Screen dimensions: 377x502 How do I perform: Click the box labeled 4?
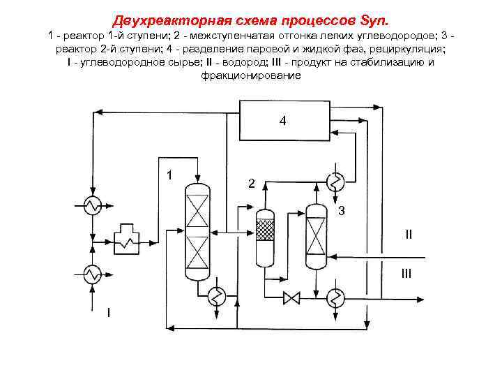(x=283, y=121)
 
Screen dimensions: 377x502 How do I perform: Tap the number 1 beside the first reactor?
(x=170, y=175)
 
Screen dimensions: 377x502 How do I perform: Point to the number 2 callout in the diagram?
(x=252, y=184)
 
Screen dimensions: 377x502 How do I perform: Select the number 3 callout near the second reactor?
(x=341, y=211)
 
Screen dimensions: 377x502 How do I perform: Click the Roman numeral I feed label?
(x=108, y=311)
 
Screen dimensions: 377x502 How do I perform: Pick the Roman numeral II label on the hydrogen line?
(x=409, y=235)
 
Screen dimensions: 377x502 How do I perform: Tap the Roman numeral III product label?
(x=406, y=274)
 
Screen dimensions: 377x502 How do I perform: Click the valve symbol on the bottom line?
(x=291, y=298)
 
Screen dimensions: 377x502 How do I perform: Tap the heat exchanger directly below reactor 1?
(x=218, y=297)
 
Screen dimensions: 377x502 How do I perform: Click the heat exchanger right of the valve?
(x=336, y=298)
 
